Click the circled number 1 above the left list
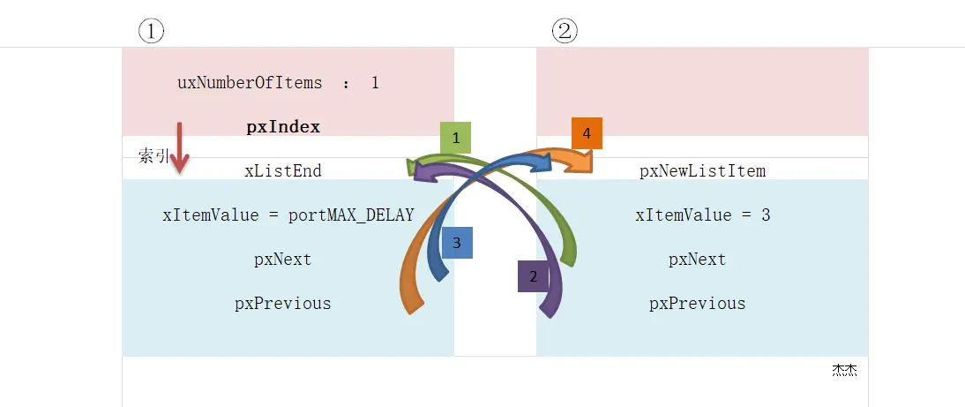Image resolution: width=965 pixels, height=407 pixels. pyautogui.click(x=151, y=32)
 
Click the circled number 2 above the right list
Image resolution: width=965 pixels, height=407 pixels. pyautogui.click(x=565, y=32)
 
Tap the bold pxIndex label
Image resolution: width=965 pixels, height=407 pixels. pyautogui.click(x=283, y=127)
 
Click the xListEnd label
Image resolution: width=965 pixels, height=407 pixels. pyautogui.click(x=283, y=171)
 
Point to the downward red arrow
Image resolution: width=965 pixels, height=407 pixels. pyautogui.click(x=180, y=148)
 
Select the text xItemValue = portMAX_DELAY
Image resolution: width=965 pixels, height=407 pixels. pyautogui.click(x=288, y=215)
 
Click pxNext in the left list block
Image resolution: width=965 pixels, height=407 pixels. pyautogui.click(x=283, y=260)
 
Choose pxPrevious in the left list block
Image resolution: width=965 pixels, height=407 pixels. pyautogui.click(x=283, y=304)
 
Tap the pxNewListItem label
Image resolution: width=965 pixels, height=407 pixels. pyautogui.click(x=703, y=171)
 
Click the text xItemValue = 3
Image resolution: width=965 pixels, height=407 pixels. pyautogui.click(x=703, y=215)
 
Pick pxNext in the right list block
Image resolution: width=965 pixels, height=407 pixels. pyautogui.click(x=698, y=260)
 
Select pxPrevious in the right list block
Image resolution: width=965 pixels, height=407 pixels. pyautogui.click(x=698, y=304)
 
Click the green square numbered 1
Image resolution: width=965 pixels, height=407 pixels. pyautogui.click(x=455, y=138)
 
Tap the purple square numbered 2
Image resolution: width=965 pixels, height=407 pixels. pyautogui.click(x=533, y=276)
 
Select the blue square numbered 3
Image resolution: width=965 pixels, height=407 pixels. pyautogui.click(x=457, y=243)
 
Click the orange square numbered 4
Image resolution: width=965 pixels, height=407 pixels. pyautogui.click(x=587, y=132)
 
